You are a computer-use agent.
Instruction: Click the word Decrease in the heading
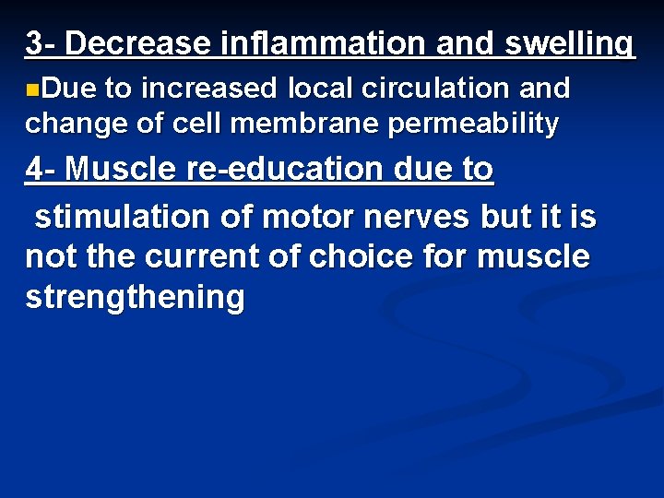(x=139, y=43)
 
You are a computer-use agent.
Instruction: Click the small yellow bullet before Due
(x=32, y=89)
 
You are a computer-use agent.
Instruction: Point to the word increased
(x=208, y=89)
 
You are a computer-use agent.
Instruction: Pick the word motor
(x=303, y=218)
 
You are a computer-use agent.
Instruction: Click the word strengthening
(x=136, y=298)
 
